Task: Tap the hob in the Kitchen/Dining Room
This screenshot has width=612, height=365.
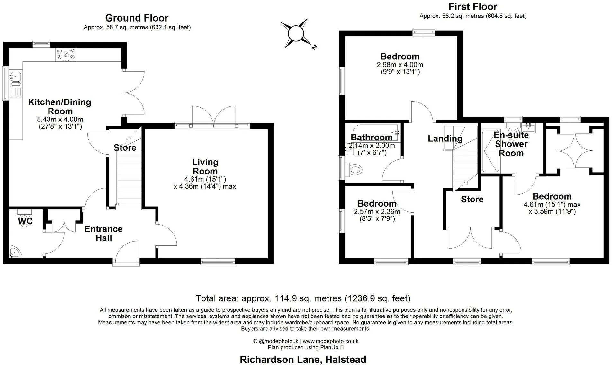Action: coord(66,55)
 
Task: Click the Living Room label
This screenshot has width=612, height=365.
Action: coord(205,167)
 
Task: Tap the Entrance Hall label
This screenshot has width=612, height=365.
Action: coord(104,234)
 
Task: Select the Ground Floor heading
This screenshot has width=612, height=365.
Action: coord(137,18)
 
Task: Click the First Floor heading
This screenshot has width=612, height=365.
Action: coord(473,7)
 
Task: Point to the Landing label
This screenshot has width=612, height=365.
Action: coord(445,138)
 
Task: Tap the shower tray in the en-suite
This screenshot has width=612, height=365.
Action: coord(491,151)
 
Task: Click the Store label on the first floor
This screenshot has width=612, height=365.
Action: coord(472,200)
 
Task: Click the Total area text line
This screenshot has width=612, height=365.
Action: coord(303,298)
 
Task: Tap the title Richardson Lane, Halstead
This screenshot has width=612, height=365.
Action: coord(303,359)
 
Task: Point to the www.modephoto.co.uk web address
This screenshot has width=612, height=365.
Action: coord(331,341)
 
